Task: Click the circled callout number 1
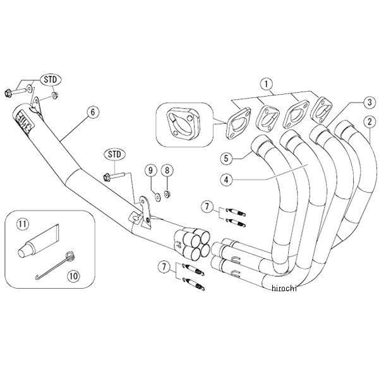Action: [267, 83]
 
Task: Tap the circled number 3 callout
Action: [368, 100]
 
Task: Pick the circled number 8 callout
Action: [167, 170]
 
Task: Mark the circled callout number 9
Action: [150, 170]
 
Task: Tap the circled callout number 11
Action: [23, 223]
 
